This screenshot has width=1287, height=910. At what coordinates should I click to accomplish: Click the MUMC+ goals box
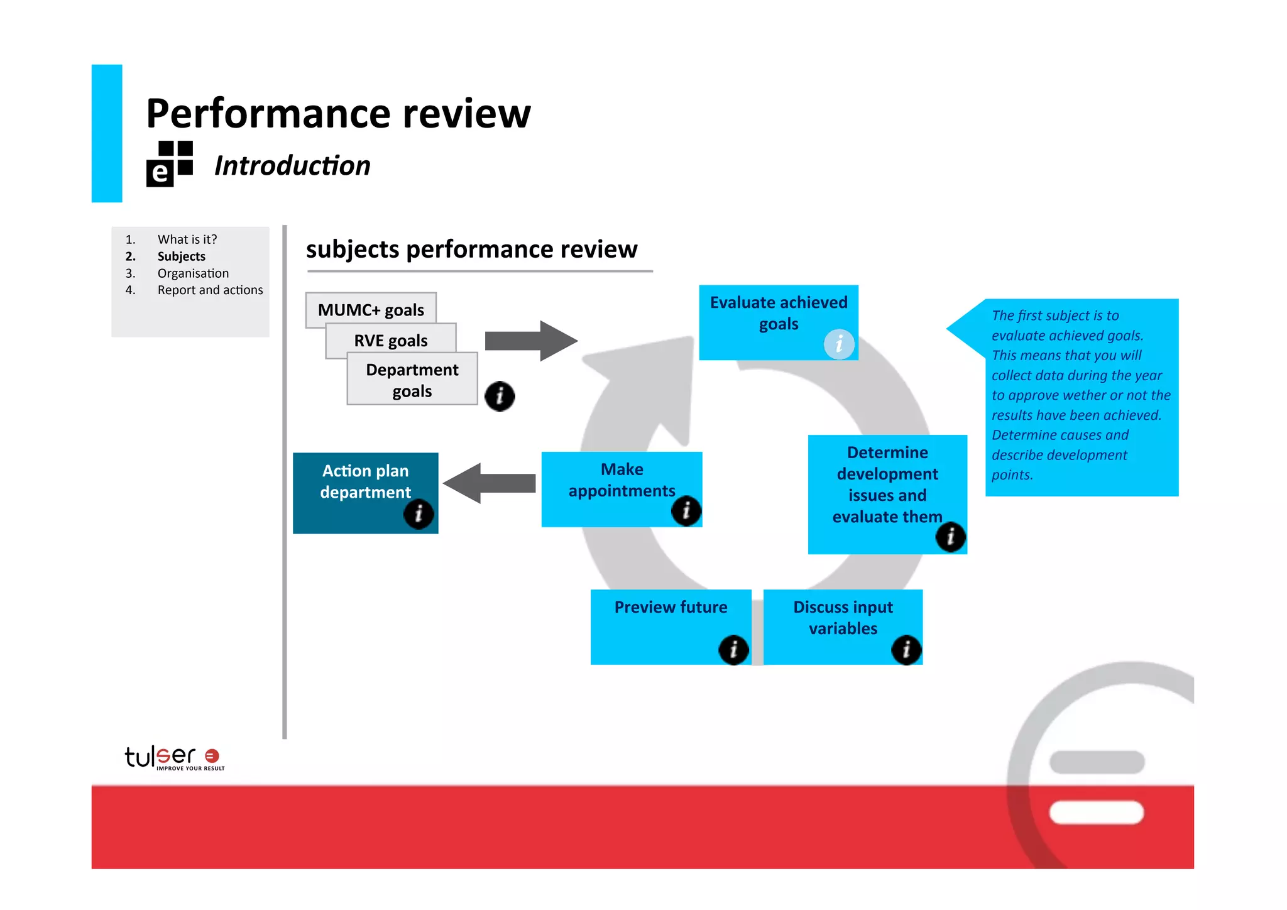coord(370,309)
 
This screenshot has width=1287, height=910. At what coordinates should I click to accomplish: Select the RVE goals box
coord(390,340)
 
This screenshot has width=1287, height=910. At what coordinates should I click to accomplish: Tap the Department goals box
coord(412,380)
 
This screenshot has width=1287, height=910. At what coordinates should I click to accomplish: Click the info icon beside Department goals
coord(500,396)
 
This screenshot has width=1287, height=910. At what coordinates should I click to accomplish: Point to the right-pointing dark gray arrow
coord(530,341)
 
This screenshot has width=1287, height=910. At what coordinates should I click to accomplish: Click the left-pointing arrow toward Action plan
coord(490,483)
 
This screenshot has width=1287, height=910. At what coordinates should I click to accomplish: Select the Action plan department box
coord(365,484)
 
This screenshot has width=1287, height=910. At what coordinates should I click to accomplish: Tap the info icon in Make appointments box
coord(686,510)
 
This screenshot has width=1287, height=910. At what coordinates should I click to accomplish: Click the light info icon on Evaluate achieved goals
coord(839,344)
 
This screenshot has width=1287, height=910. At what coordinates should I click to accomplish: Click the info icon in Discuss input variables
coord(906,649)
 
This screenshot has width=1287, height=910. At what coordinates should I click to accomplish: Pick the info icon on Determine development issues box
coord(950,537)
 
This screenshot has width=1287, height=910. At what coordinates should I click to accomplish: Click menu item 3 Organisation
coord(193,273)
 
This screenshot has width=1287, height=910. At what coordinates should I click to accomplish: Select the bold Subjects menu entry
coord(181,256)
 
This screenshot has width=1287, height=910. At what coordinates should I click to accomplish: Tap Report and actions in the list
coord(210,290)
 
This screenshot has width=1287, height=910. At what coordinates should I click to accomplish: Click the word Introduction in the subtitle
coord(292,166)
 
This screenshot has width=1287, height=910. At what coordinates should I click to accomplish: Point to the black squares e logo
coord(170,164)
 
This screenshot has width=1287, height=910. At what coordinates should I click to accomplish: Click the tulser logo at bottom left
coord(173,757)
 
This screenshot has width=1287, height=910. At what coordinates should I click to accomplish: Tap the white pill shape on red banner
coord(1096,812)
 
